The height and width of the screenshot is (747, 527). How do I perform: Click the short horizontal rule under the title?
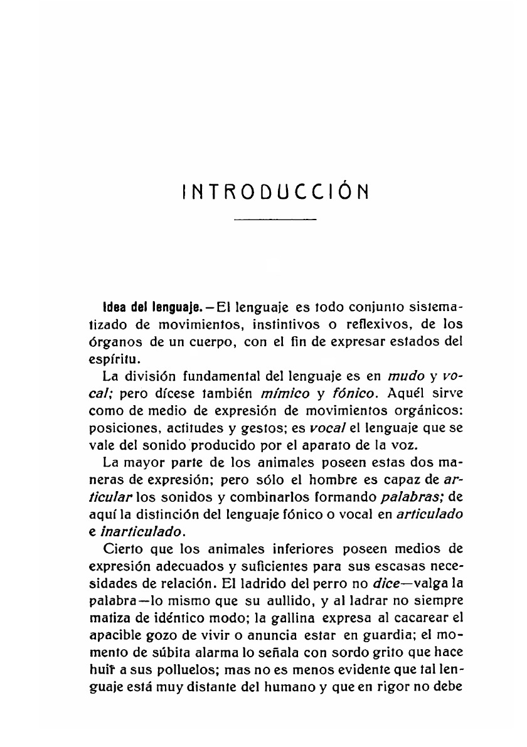(x=275, y=220)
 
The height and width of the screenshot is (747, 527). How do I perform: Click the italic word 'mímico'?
(x=294, y=394)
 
